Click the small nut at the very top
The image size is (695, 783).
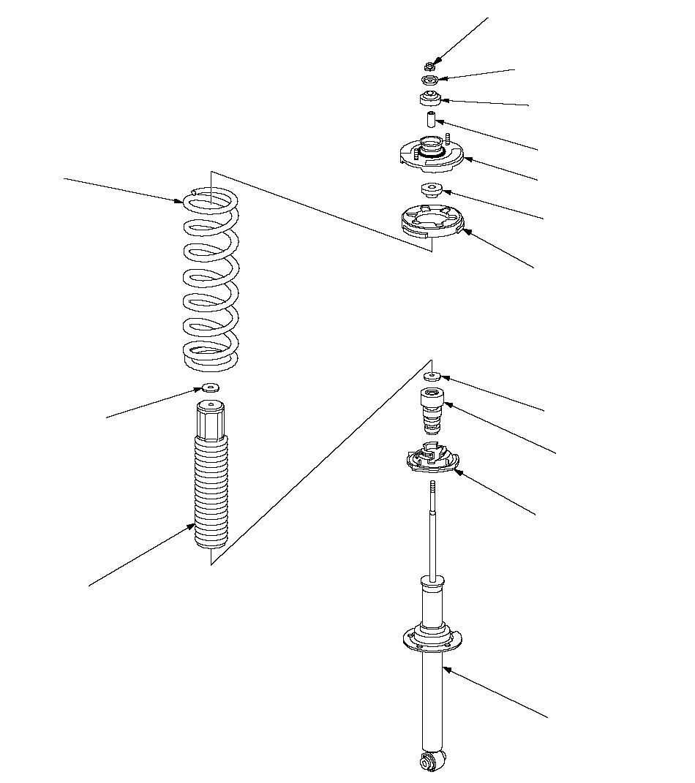(x=431, y=66)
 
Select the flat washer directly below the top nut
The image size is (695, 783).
(x=430, y=80)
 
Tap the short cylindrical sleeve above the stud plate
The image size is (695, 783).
(x=431, y=118)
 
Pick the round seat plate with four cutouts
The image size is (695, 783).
(x=432, y=222)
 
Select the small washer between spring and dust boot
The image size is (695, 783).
(x=211, y=387)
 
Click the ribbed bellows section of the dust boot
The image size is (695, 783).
(x=211, y=490)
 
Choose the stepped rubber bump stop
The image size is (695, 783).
(x=432, y=411)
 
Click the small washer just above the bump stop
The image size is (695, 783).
(x=432, y=377)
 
